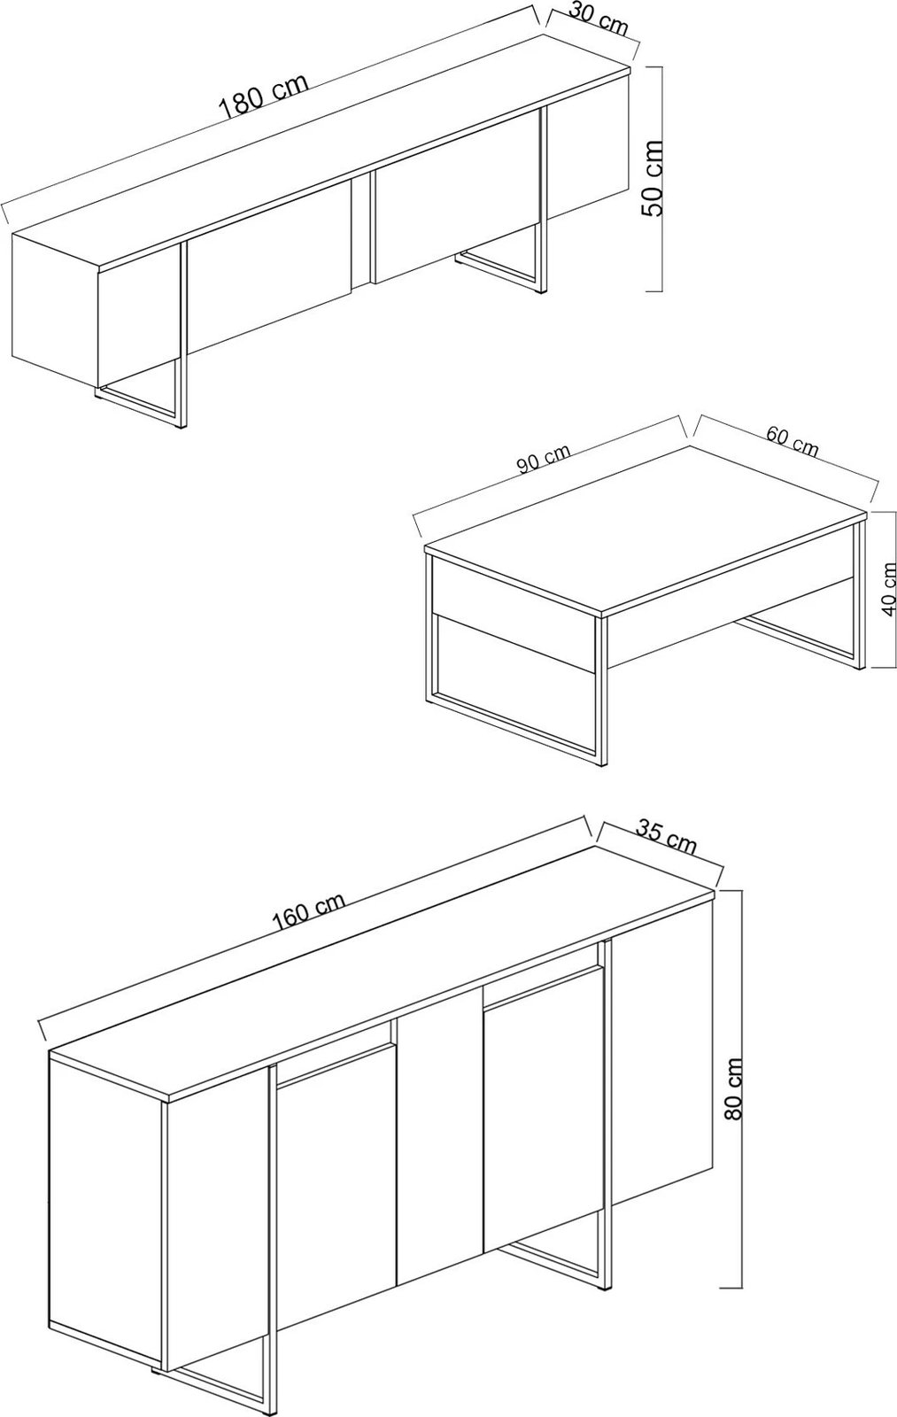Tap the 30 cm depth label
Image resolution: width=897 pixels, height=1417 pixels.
tap(599, 19)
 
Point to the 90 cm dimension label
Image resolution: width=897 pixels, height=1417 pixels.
tap(544, 459)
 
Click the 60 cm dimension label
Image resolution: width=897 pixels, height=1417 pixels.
tap(792, 440)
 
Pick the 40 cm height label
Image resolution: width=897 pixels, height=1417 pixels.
tap(888, 588)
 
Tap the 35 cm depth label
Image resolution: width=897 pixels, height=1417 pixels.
tap(666, 838)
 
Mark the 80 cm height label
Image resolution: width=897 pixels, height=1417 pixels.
tap(733, 1089)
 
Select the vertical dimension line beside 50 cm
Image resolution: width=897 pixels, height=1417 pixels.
tap(661, 177)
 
